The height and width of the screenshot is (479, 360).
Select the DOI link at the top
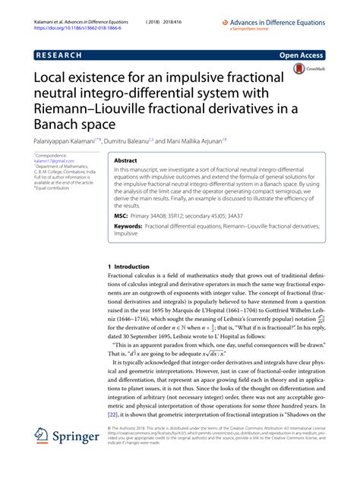coord(70,14)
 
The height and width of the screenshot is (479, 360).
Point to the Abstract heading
coord(125,162)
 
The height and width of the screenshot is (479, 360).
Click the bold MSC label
coord(122,216)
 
